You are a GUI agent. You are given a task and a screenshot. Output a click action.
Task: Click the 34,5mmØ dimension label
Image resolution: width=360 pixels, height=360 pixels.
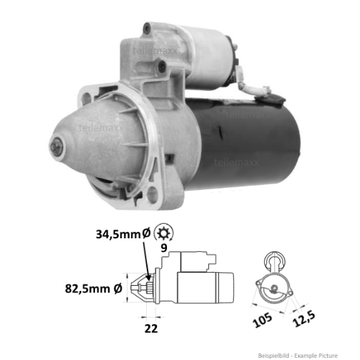[x=122, y=233]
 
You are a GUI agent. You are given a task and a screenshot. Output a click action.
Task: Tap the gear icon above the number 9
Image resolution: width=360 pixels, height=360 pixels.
[x=164, y=233]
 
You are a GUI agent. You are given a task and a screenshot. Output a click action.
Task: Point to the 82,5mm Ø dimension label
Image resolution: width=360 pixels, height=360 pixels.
[x=91, y=289]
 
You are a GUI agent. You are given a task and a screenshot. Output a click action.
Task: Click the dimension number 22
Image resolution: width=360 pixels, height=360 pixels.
[x=151, y=329]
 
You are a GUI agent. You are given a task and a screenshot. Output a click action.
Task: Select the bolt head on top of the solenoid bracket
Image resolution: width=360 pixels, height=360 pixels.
[x=147, y=28]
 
